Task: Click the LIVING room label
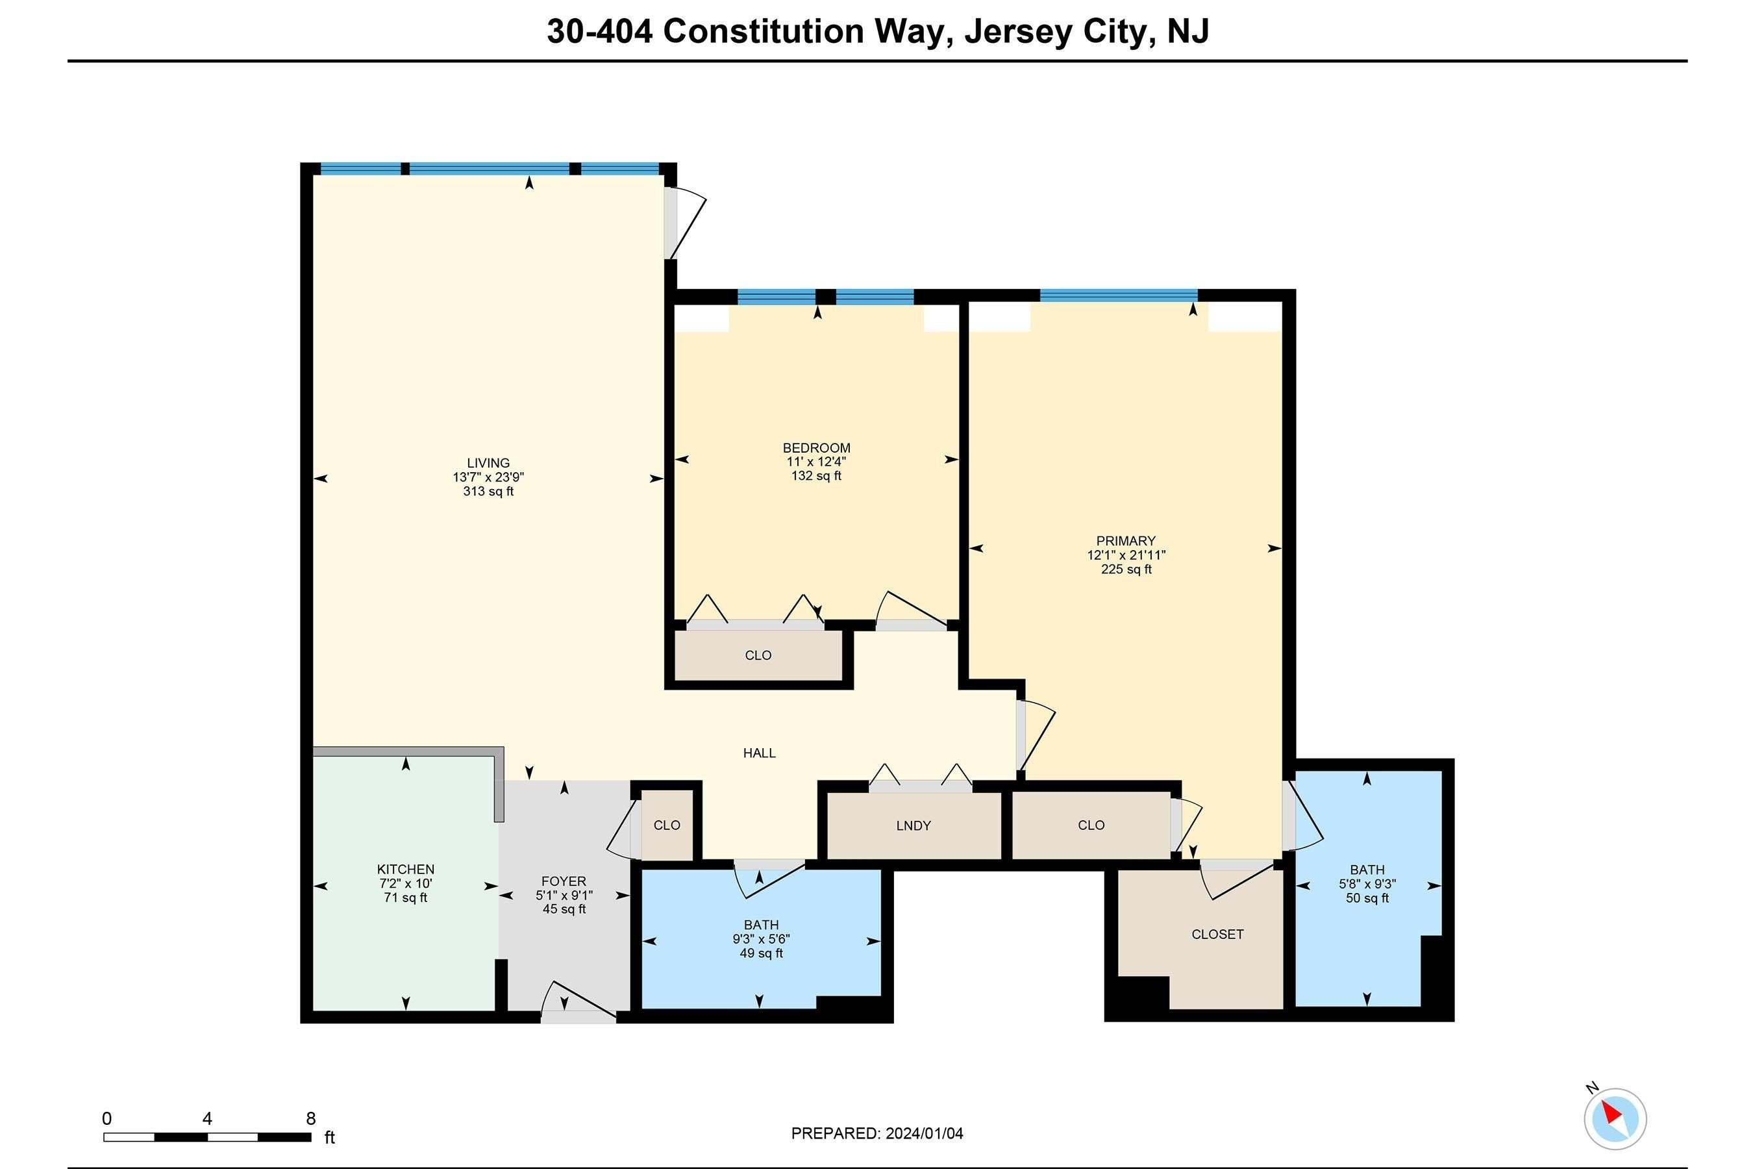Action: pos(488,463)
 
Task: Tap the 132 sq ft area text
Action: pos(816,475)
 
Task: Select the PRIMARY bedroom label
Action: pos(1125,540)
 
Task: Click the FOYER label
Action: pos(564,881)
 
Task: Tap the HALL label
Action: pos(759,753)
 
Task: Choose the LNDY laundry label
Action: pos(913,825)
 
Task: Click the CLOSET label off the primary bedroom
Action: pos(1217,934)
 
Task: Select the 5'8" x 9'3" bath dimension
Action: pos(1367,884)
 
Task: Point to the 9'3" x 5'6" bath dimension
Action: pos(760,939)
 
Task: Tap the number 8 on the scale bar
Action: pos(311,1119)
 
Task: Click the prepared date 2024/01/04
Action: pos(923,1134)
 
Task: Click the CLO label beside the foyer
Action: pos(666,825)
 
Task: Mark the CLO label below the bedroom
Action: pos(758,655)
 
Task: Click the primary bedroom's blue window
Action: pos(1118,295)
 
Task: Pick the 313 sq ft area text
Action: pos(488,492)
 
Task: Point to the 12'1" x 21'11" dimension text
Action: pos(1125,555)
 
